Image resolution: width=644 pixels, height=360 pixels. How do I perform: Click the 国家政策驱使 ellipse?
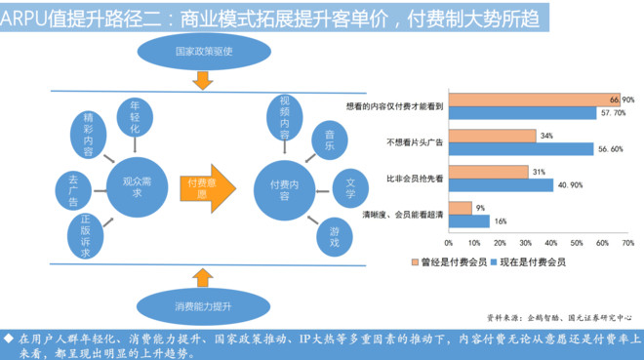[x=204, y=52]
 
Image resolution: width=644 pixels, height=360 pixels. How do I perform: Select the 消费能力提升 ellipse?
[x=203, y=306]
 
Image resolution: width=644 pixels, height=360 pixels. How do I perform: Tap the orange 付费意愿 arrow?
[x=208, y=188]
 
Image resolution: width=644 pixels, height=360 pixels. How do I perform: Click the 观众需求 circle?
[x=138, y=187]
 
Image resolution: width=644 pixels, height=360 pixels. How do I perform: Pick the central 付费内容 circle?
[x=284, y=190]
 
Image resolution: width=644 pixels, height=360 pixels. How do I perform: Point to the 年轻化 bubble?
[x=135, y=117]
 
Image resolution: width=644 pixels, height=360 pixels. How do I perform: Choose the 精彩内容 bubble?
[x=88, y=135]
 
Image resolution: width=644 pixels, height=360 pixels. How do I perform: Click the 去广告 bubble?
[x=73, y=190]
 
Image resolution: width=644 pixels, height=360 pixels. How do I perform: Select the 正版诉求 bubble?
[x=85, y=236]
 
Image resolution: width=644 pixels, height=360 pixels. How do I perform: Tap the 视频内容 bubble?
[x=285, y=118]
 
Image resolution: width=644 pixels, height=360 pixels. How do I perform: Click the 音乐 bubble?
[x=330, y=140]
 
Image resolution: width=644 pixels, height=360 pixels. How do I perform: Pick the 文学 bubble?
[x=350, y=188]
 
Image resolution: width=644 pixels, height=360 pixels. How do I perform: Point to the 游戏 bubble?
[x=335, y=237]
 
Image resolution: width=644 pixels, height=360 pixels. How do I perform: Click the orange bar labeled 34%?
[x=493, y=136]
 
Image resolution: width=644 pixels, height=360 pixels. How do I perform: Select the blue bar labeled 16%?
[x=469, y=221]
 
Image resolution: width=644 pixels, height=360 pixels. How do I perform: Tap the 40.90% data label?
[x=570, y=185]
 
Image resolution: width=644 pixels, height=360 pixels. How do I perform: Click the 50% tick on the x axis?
[x=577, y=243]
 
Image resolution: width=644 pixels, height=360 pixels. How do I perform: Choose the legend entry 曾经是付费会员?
[x=449, y=261]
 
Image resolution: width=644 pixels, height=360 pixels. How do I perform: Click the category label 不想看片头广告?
[x=415, y=142]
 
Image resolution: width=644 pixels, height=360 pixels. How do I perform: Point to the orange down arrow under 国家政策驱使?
[x=203, y=80]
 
